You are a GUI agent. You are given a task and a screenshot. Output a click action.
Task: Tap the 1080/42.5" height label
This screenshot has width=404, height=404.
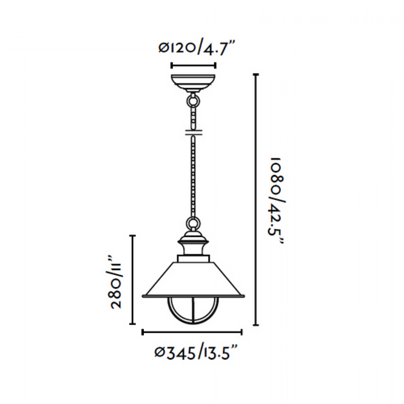[x=276, y=200]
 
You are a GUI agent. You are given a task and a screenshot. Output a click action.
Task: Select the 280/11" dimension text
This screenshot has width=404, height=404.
[x=116, y=281]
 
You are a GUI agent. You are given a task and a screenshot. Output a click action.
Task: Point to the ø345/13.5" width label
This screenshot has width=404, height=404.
[x=196, y=353]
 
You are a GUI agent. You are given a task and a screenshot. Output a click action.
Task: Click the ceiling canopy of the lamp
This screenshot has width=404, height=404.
[x=193, y=83]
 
